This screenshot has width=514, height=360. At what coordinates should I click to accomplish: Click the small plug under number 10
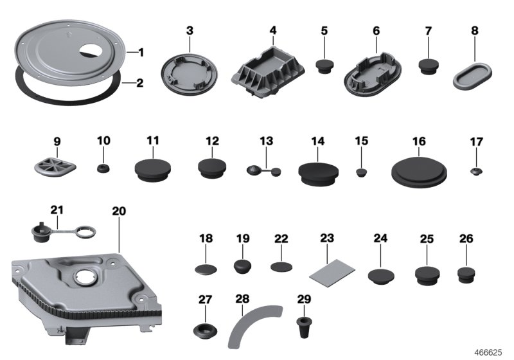103,168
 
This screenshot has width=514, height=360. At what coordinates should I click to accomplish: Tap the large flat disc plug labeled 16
419,171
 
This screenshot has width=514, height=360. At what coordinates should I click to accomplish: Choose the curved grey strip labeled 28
254,327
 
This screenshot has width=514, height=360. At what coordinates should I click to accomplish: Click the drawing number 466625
489,353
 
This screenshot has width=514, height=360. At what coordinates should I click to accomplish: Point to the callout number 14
318,141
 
